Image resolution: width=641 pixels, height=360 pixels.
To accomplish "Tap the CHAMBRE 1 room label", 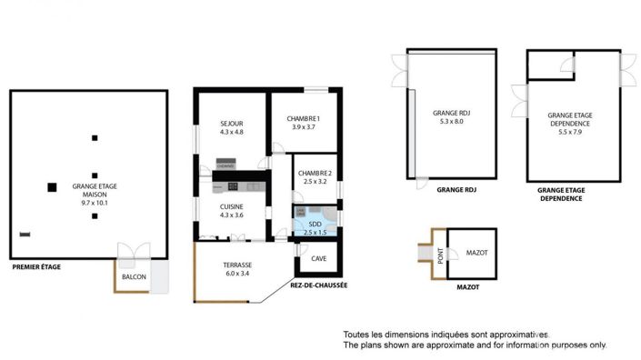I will coord(304,118).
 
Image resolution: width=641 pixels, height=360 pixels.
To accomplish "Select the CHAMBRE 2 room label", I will coord(315,174).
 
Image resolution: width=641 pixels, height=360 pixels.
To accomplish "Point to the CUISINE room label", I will coord(232,206).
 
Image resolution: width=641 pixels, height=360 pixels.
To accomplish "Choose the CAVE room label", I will coord(318,259).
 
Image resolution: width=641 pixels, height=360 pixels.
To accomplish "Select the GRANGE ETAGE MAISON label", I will coord(95,191).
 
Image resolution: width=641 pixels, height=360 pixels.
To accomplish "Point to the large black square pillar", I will coord(52,187).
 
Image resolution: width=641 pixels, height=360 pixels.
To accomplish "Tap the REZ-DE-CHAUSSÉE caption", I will coord(319,285).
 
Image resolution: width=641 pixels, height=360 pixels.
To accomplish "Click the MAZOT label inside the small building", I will coord(476,253).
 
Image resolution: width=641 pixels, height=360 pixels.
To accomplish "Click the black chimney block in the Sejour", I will coord(225,165).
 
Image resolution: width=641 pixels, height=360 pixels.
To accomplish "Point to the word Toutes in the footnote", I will coord(357,335).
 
